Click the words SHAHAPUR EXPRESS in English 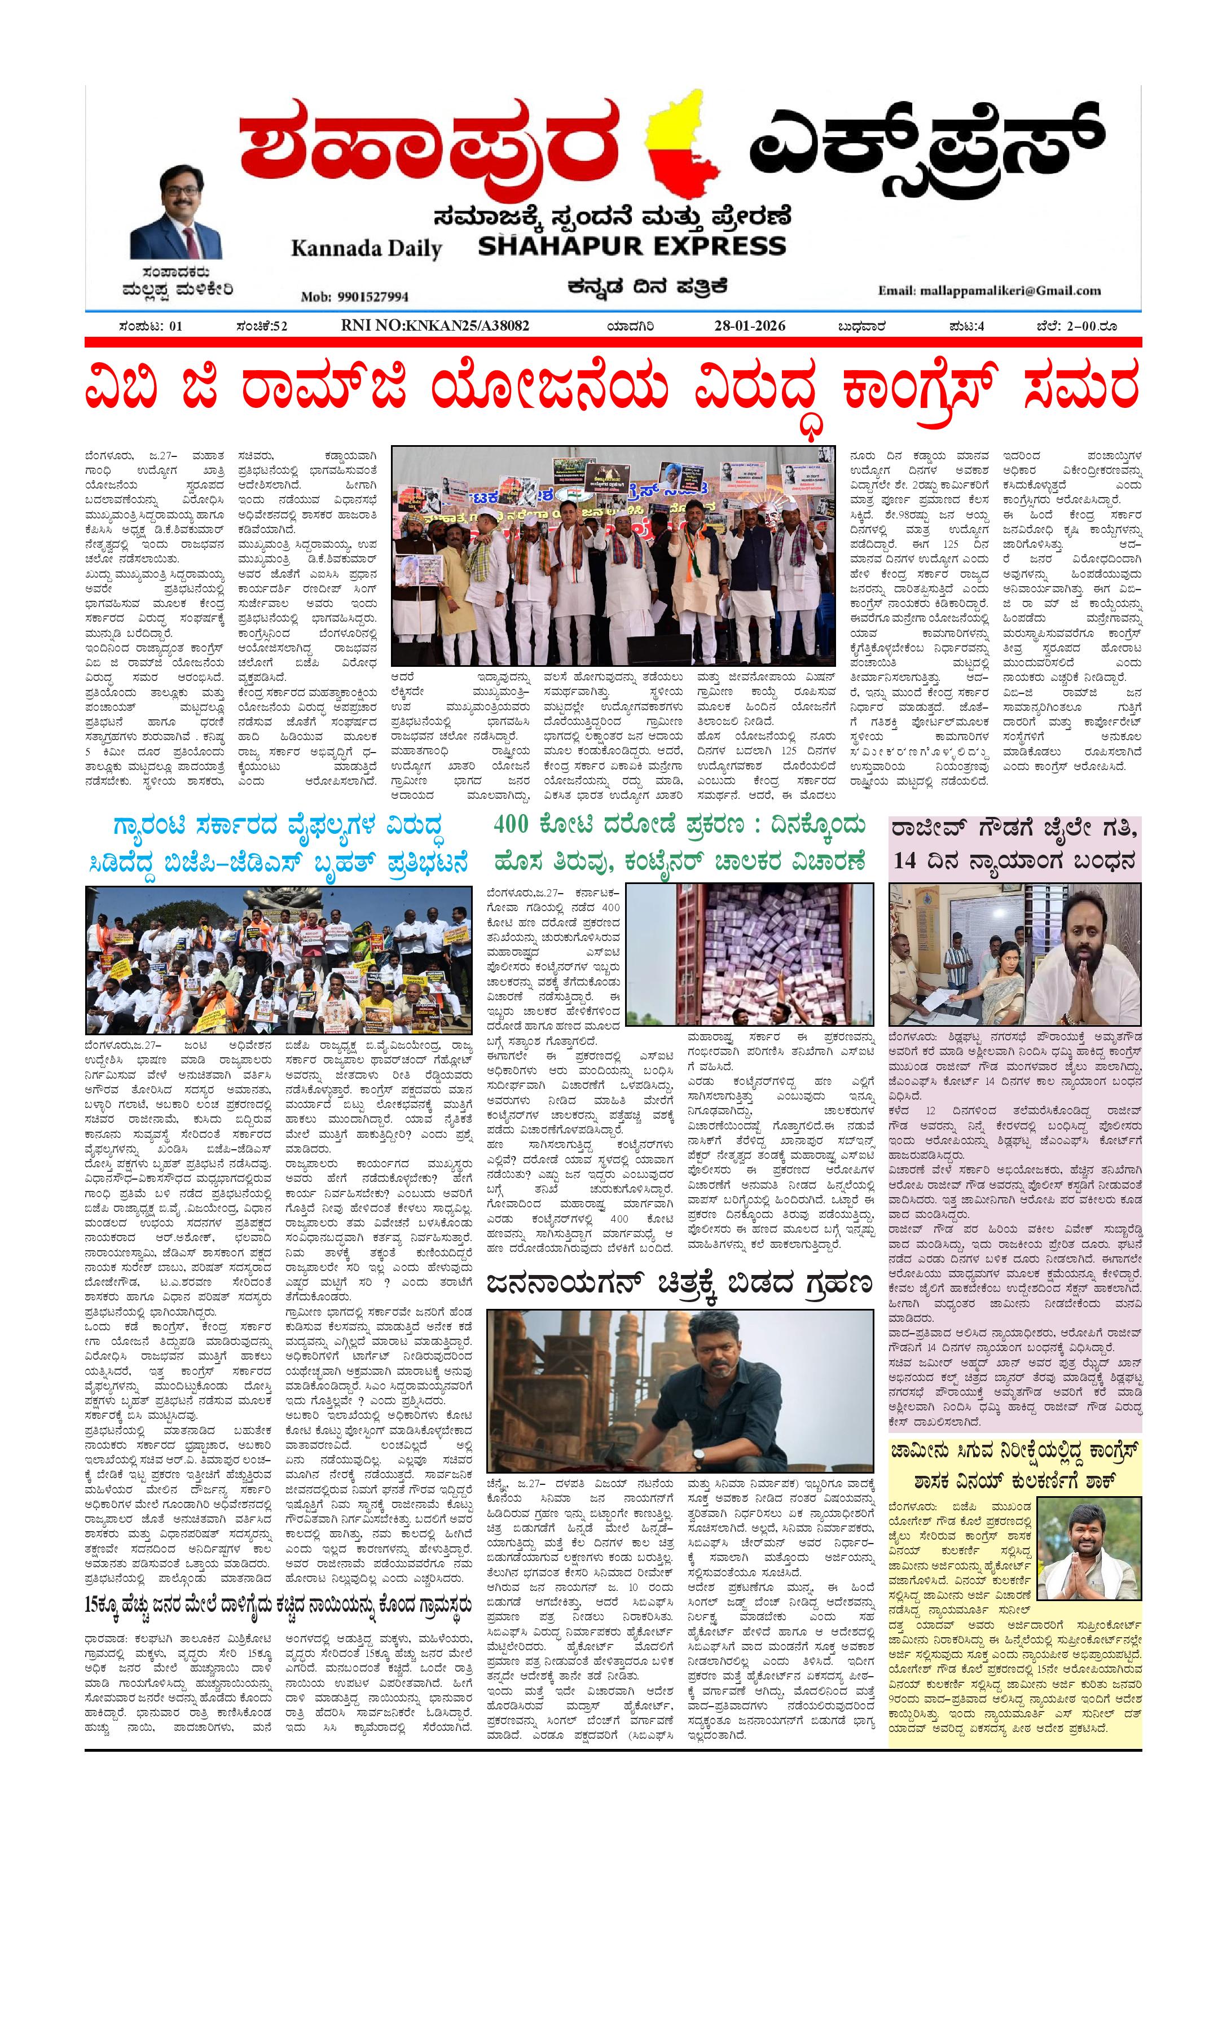(632, 245)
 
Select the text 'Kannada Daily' (366, 248)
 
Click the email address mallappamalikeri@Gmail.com (989, 290)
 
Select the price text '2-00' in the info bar (1082, 327)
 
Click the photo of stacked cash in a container (775, 953)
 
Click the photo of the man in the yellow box (1088, 1548)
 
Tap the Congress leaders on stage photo (613, 556)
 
